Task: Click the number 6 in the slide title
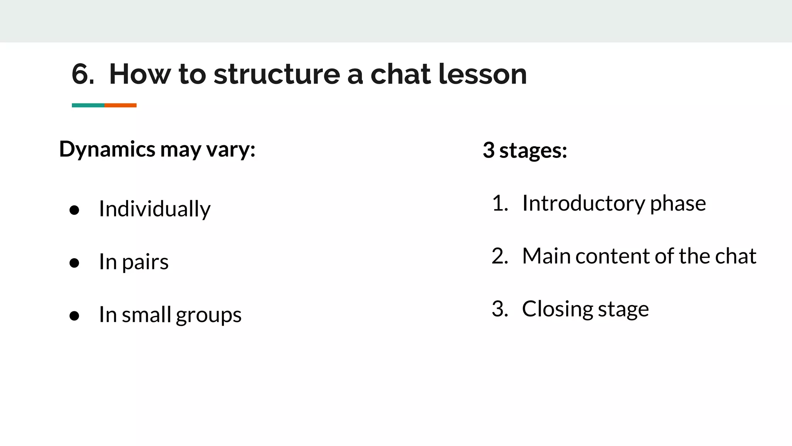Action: click(82, 74)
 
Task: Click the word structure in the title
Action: click(277, 74)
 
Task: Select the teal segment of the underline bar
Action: click(88, 105)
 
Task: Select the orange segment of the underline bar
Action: click(120, 105)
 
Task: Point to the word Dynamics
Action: click(107, 149)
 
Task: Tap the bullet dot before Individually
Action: click(74, 210)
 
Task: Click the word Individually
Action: click(155, 209)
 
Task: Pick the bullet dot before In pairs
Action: click(74, 263)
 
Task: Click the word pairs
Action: click(145, 262)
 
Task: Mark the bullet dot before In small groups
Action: click(74, 316)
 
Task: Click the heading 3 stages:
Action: click(525, 150)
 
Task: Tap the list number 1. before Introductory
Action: click(500, 203)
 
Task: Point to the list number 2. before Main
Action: click(500, 256)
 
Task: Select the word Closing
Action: click(557, 309)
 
